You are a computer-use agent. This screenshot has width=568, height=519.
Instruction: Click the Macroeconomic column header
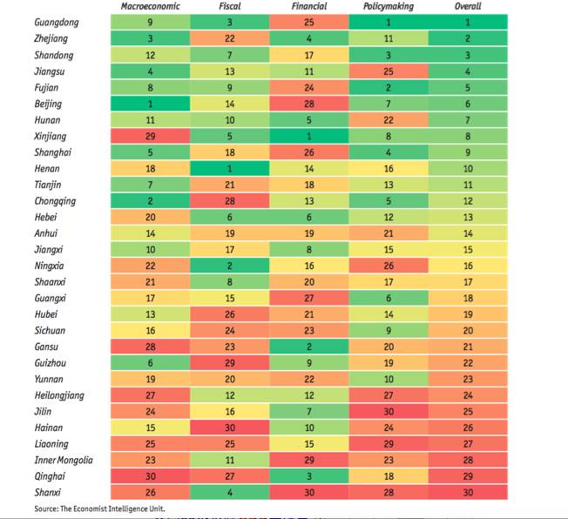152,7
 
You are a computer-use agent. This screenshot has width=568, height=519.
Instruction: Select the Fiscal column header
229,7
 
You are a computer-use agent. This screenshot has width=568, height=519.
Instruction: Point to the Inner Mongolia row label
64,460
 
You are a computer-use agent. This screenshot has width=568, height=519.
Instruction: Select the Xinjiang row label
49,136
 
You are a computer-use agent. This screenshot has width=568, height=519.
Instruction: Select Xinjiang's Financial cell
308,136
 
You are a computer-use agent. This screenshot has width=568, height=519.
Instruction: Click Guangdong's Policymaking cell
388,21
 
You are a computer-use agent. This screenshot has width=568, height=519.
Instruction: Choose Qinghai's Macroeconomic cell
151,475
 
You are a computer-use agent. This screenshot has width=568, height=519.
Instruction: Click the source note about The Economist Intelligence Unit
99,508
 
